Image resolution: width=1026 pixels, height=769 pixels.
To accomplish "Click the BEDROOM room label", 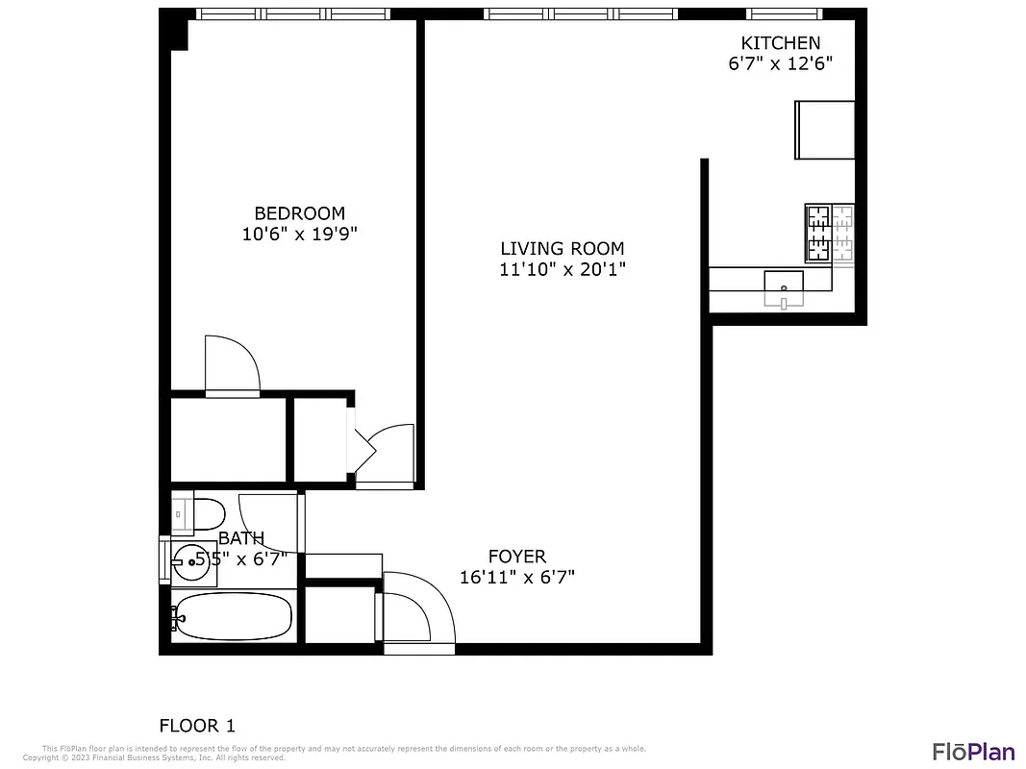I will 299,213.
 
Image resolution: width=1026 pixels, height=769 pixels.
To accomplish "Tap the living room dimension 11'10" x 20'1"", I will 563,270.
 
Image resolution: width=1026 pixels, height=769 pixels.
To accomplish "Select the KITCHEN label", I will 780,43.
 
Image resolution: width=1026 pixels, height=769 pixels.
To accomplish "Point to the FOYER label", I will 516,557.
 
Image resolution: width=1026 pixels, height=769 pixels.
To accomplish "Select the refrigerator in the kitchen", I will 824,129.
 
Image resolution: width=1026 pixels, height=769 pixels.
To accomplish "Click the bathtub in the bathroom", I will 232,616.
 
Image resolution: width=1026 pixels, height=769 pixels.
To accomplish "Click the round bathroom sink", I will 189,561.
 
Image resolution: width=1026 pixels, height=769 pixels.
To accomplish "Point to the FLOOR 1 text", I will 196,726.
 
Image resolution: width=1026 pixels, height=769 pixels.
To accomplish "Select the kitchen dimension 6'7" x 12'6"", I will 780,64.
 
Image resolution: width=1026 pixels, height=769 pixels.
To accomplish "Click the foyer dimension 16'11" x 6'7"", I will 516,578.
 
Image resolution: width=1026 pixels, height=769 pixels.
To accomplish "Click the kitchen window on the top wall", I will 785,13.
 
